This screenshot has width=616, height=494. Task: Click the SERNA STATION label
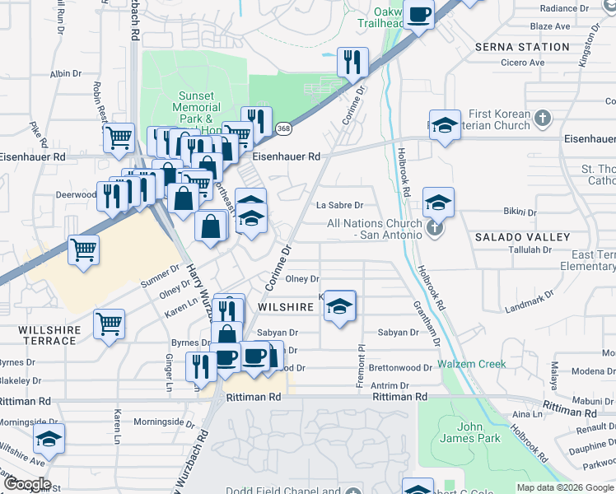point(522,47)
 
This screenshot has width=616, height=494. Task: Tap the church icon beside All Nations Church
point(436,229)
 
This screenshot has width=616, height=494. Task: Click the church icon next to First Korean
point(542,119)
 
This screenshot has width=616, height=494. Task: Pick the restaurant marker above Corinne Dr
point(352,61)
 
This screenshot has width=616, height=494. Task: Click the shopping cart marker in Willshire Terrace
point(109,324)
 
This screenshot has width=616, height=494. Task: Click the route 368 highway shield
point(284,128)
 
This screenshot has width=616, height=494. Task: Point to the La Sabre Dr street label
point(341,205)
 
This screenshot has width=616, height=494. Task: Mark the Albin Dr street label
point(65,74)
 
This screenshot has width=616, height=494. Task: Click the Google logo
point(27,484)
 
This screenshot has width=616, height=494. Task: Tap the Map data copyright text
point(564,487)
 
